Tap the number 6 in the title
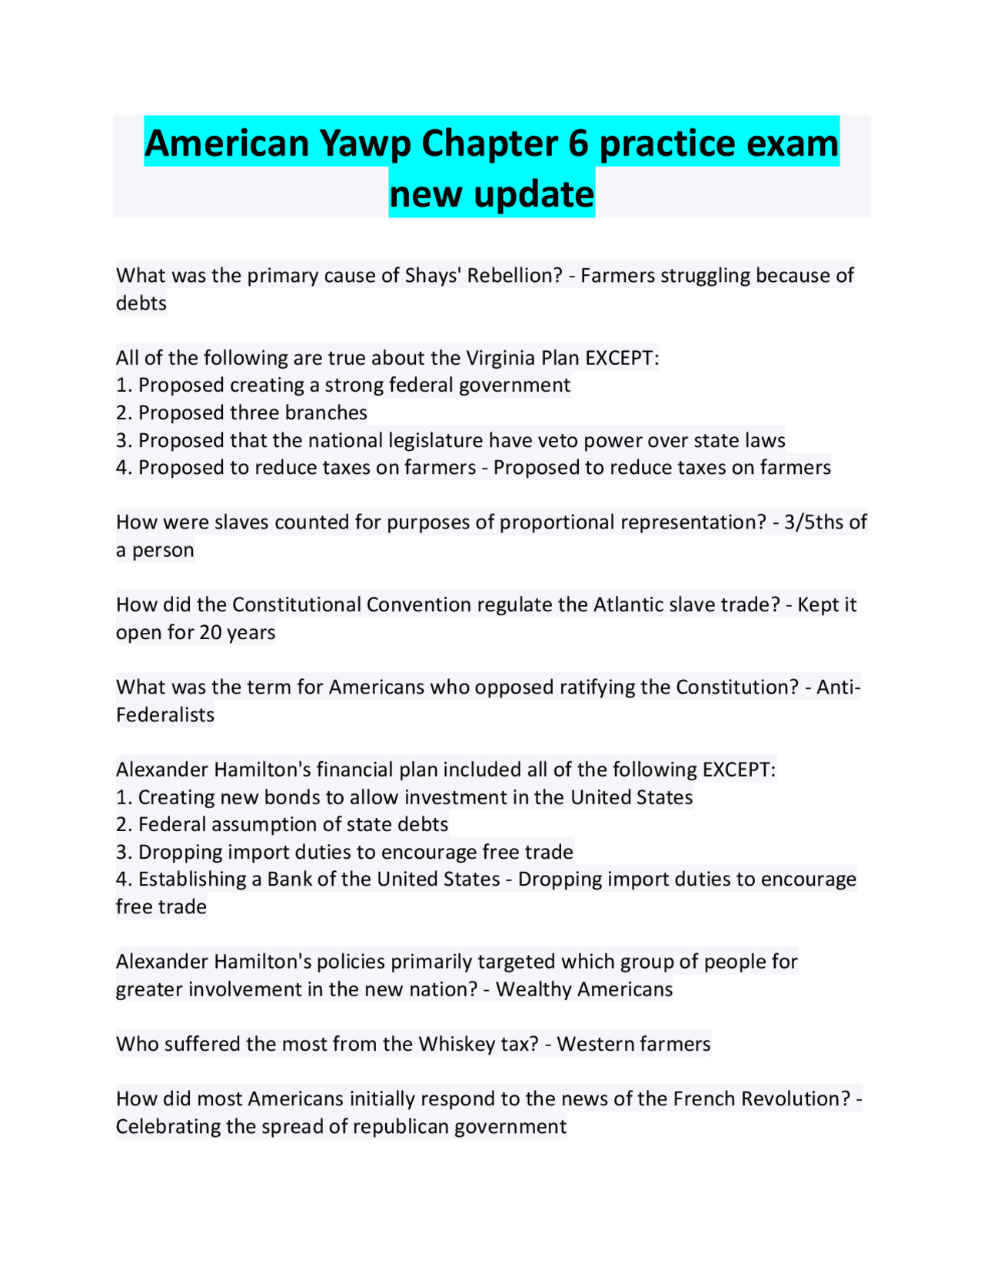(578, 144)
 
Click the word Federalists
(165, 715)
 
